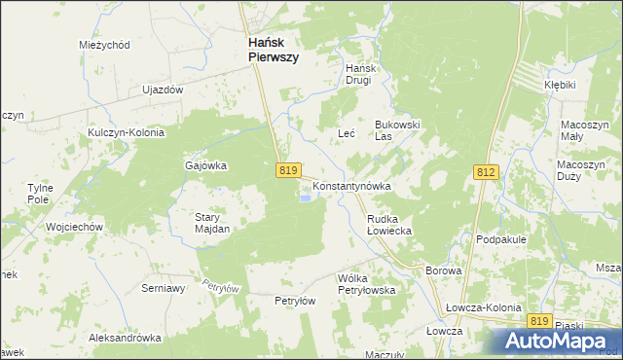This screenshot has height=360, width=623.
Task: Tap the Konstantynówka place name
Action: click(351, 185)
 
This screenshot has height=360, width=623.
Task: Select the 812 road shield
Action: click(487, 171)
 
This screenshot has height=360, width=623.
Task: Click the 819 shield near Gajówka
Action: click(286, 170)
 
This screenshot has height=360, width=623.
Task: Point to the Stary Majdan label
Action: click(212, 223)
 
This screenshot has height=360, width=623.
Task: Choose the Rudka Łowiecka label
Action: click(390, 226)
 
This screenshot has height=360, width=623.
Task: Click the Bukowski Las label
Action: click(397, 130)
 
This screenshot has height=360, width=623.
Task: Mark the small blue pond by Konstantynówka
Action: click(306, 199)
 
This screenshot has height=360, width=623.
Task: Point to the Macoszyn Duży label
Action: click(582, 172)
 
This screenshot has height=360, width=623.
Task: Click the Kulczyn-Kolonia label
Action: click(126, 131)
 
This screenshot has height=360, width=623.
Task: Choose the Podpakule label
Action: click(501, 238)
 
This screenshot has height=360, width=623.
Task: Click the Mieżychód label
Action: click(104, 45)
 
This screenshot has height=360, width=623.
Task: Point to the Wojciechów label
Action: click(75, 227)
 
